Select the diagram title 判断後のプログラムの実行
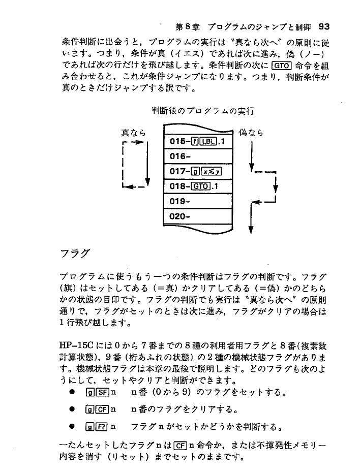203,110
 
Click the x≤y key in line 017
210,171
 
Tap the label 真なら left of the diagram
134,133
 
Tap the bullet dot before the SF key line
73,393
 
